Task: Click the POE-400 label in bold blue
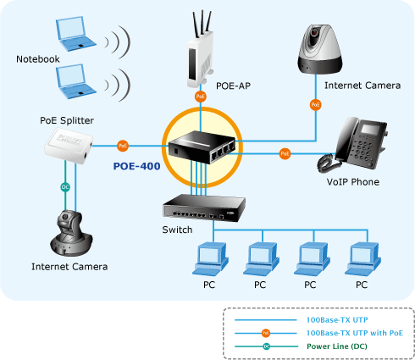pos(136,166)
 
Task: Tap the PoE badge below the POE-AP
pos(201,97)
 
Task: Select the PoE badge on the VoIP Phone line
pos(285,153)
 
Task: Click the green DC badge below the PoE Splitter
pos(65,187)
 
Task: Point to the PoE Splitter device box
pos(69,146)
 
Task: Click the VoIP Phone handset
pos(328,163)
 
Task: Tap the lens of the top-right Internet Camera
pos(314,33)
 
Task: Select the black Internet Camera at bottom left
pos(71,233)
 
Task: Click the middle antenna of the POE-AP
pos(202,23)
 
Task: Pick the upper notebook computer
pos(75,34)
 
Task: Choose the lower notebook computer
pos(75,81)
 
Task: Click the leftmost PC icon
pos(210,259)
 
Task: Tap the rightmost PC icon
pos(362,259)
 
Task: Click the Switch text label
pos(177,230)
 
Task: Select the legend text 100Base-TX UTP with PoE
pos(355,333)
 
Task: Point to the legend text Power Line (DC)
pos(337,346)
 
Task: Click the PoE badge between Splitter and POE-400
pos(123,146)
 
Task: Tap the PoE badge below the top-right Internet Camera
pos(315,105)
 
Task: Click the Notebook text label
pos(38,59)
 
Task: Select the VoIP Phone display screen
pos(370,129)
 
